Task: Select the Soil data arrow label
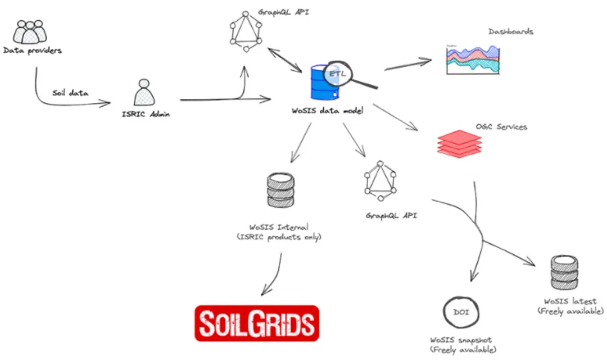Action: [x=70, y=93]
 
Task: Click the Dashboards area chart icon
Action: [x=473, y=60]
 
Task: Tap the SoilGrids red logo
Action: [x=256, y=323]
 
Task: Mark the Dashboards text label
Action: [x=510, y=31]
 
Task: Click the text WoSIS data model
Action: [x=327, y=111]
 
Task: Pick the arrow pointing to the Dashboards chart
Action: [x=407, y=64]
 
